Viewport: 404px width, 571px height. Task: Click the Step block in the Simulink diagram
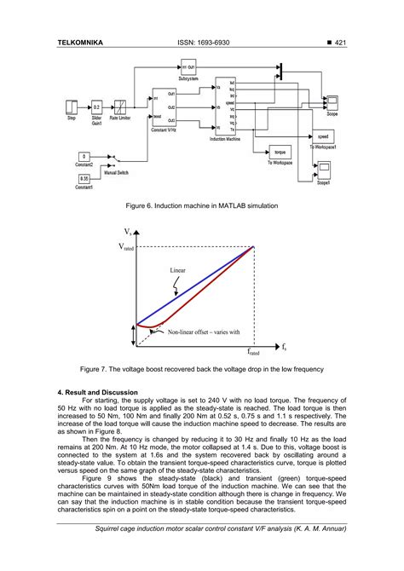(72, 107)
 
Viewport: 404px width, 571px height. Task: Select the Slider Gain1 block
(96, 107)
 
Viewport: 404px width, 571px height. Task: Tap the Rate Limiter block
(122, 107)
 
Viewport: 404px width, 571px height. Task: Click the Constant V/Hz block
(164, 107)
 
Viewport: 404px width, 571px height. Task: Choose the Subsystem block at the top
(188, 66)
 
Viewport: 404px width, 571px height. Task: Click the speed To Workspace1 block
(323, 136)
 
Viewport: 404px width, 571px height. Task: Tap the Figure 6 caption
(201, 205)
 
